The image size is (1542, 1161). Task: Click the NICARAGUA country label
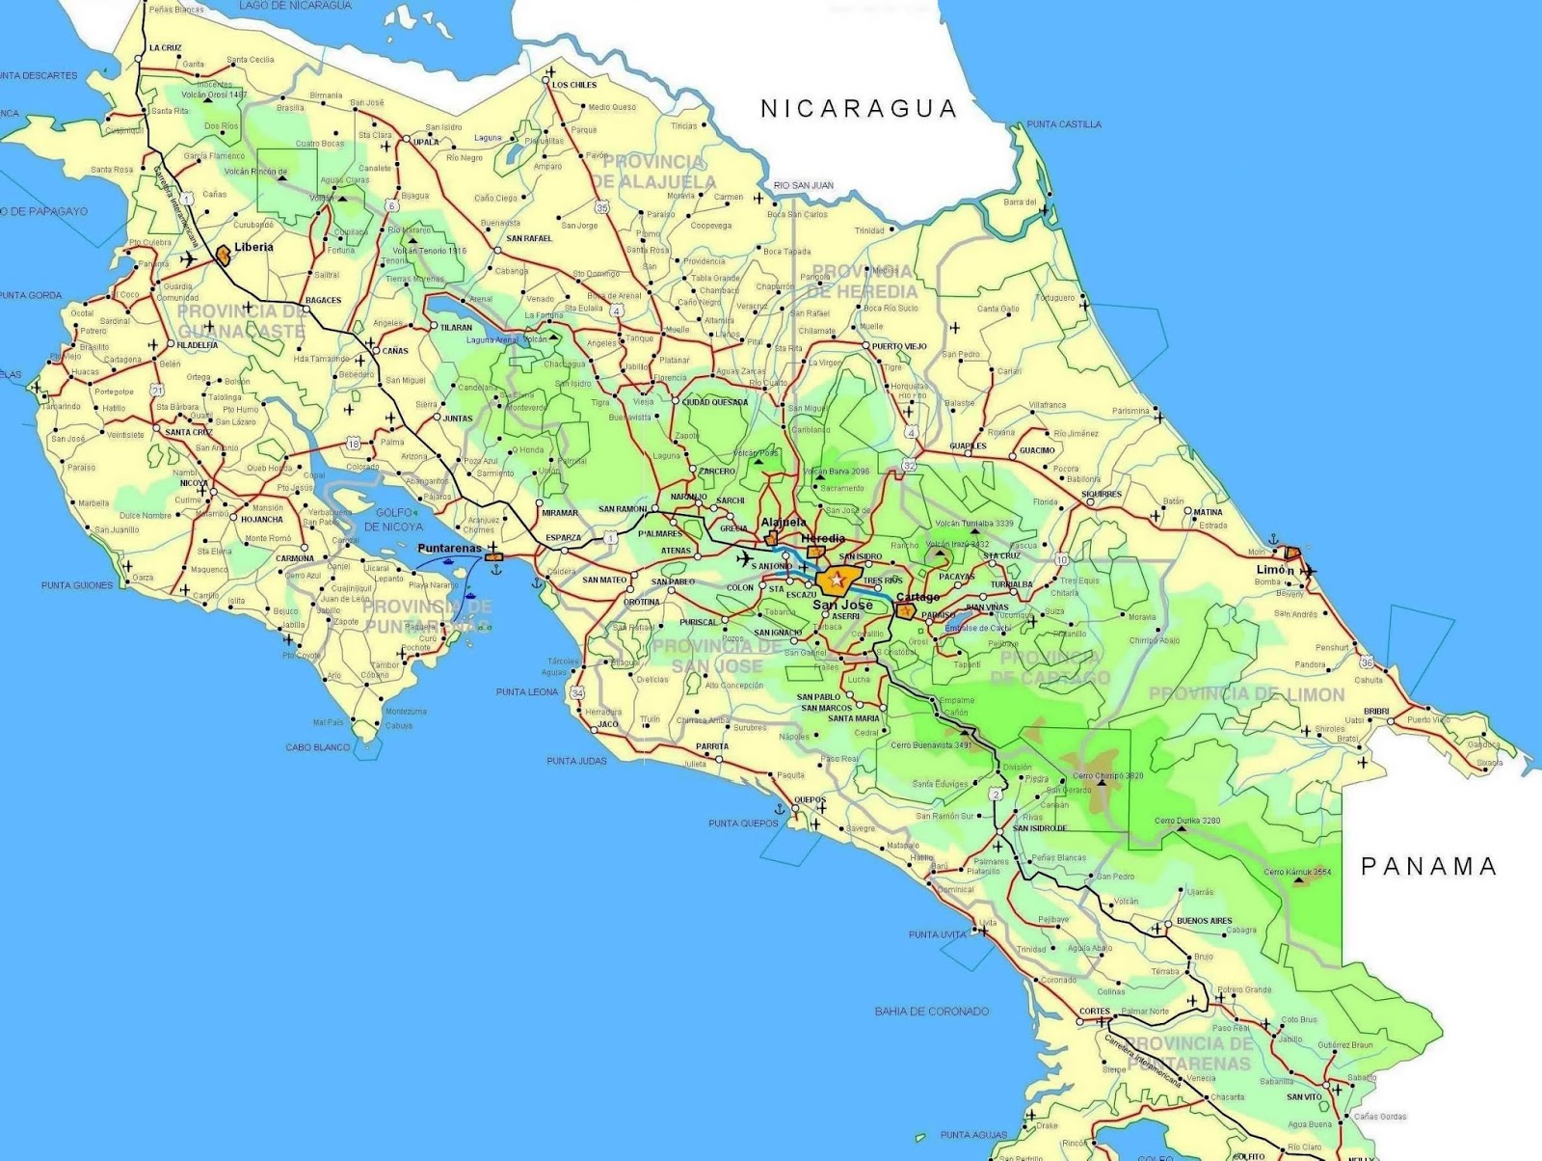[859, 108]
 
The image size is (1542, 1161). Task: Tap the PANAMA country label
[1429, 866]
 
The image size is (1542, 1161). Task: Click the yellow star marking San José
[835, 580]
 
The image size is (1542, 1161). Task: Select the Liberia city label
[253, 247]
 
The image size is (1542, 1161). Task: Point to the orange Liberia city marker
[224, 255]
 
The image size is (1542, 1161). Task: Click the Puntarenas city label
[449, 548]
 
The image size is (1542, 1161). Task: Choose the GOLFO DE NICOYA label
[394, 520]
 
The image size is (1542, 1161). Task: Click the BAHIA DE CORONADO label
[932, 1012]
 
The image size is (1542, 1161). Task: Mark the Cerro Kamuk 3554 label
[1298, 872]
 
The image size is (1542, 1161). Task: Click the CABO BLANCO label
[318, 747]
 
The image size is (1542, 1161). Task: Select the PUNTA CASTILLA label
[1064, 124]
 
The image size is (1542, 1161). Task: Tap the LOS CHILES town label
[574, 85]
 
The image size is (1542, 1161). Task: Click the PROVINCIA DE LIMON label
[1246, 694]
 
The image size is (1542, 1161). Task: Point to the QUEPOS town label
[810, 799]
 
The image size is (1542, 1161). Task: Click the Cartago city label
[917, 598]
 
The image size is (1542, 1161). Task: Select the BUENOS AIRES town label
[1204, 921]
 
